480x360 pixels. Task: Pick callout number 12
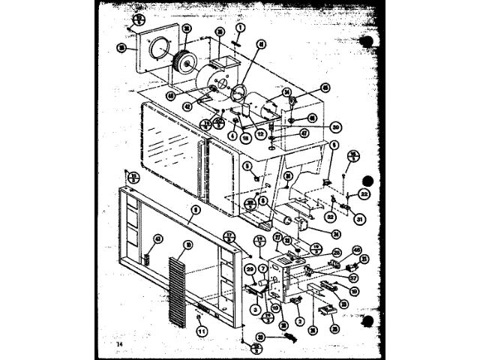pyautogui.click(x=260, y=133)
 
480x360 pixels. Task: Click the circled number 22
pyautogui.click(x=364, y=193)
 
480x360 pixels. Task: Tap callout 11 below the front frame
pyautogui.click(x=201, y=328)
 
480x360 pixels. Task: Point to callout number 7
pyautogui.click(x=263, y=268)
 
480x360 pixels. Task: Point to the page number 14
pyautogui.click(x=118, y=344)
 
